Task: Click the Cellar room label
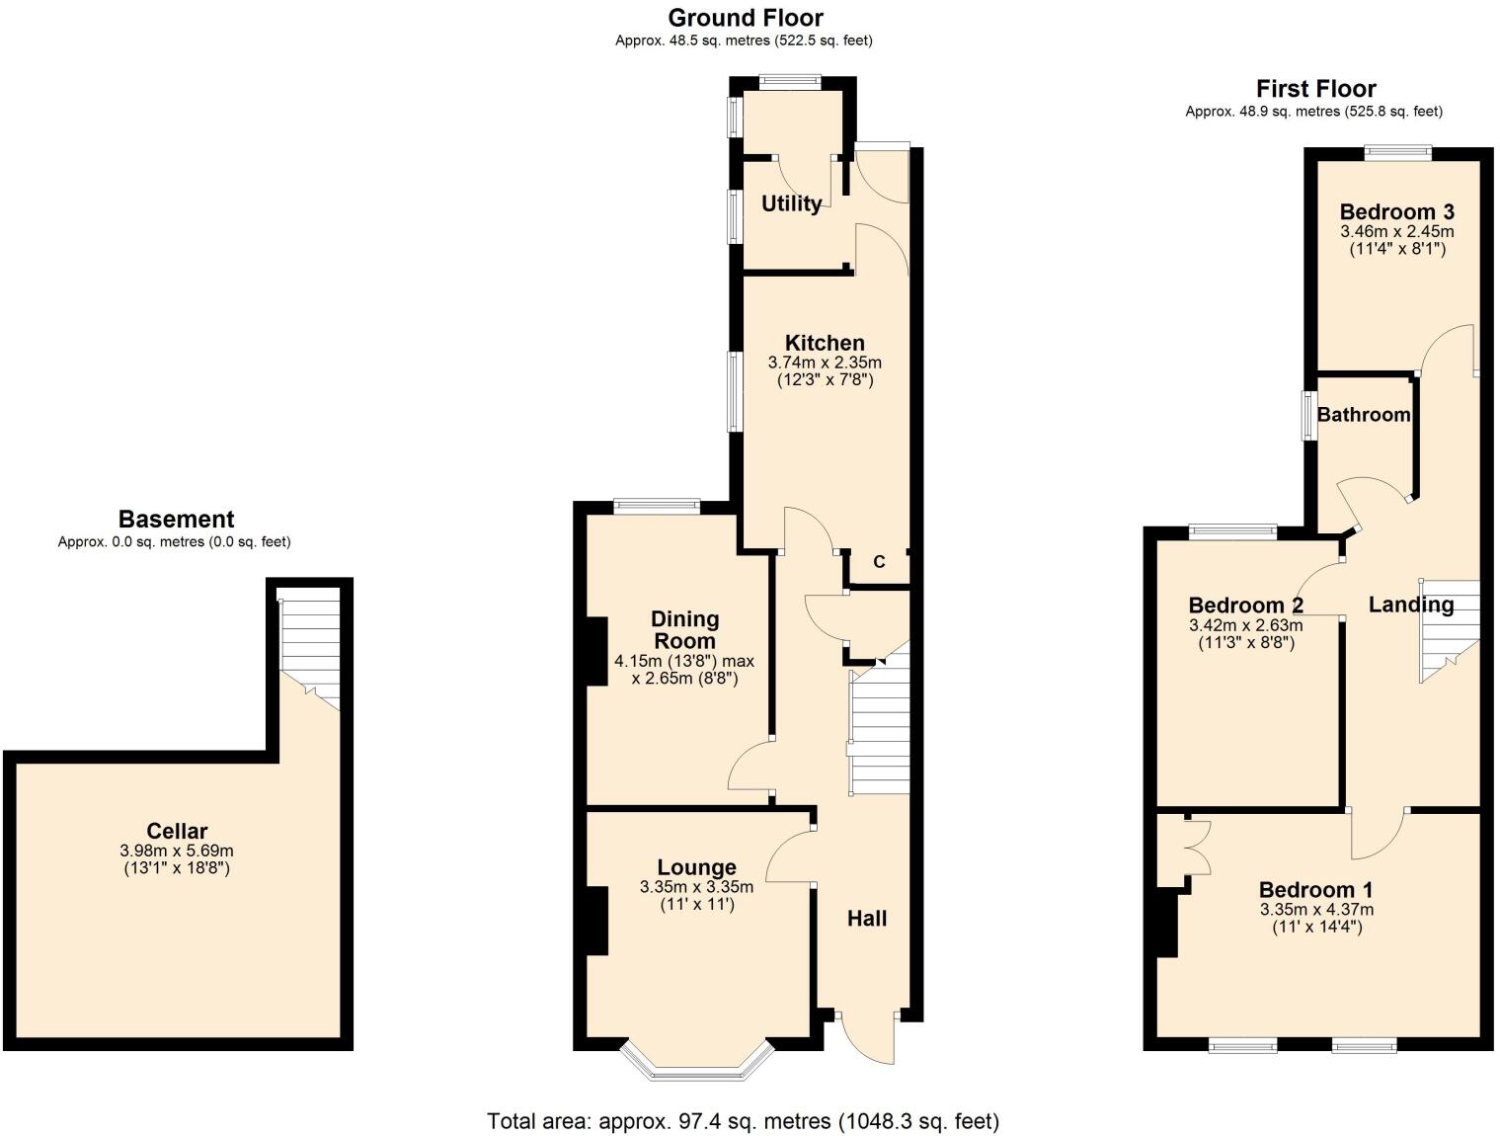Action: (177, 831)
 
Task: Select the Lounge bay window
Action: (696, 1062)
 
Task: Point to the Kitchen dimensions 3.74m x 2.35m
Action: (825, 363)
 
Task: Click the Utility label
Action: (791, 203)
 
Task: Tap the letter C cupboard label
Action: (879, 562)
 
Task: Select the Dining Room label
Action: (684, 630)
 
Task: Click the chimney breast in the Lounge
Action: (596, 921)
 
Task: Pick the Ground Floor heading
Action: (746, 18)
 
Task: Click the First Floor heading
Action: (1315, 89)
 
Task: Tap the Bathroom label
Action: (1363, 415)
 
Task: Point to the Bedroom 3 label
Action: (1396, 211)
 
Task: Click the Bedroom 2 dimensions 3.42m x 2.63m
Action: (1245, 625)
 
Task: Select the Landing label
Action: (1410, 605)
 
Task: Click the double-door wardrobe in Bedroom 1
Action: (1195, 847)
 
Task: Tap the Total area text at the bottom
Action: (743, 1121)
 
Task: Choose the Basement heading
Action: (176, 520)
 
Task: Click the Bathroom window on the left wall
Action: (1308, 416)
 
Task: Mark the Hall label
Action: (866, 919)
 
